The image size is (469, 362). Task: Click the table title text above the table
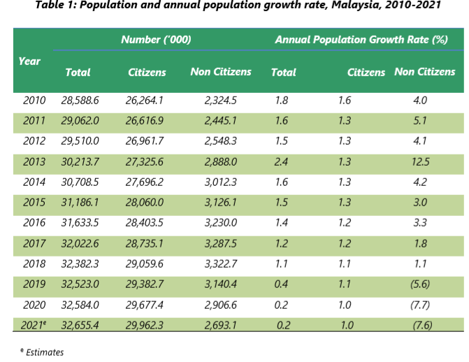pyautogui.click(x=234, y=8)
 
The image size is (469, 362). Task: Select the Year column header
pyautogui.click(x=29, y=61)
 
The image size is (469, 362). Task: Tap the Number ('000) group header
pyautogui.click(x=156, y=40)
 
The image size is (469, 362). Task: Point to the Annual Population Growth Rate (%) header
pyautogui.click(x=361, y=40)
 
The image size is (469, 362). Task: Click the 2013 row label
pyautogui.click(x=34, y=162)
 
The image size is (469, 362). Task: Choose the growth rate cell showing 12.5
pyautogui.click(x=421, y=162)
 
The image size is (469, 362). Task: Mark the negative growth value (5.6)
pyautogui.click(x=420, y=285)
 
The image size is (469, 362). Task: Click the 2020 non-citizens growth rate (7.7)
pyautogui.click(x=420, y=305)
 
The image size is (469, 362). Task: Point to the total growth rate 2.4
pyautogui.click(x=282, y=162)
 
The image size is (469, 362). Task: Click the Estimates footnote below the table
pyautogui.click(x=43, y=352)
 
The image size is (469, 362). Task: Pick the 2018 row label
pyautogui.click(x=34, y=265)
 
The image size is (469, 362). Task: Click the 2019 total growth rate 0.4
pyautogui.click(x=282, y=285)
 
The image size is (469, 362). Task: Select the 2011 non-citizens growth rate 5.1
pyautogui.click(x=420, y=121)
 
